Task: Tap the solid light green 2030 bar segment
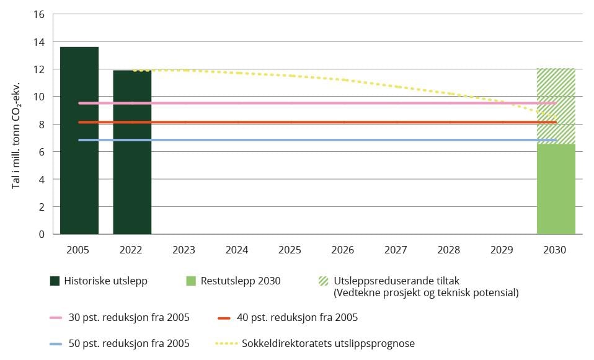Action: pyautogui.click(x=556, y=189)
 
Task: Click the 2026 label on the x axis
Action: pyautogui.click(x=343, y=250)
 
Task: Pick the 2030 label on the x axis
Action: pyautogui.click(x=554, y=250)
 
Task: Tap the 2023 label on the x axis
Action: pyautogui.click(x=184, y=250)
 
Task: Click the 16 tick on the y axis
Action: pyautogui.click(x=39, y=14)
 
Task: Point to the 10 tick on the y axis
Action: pyautogui.click(x=39, y=97)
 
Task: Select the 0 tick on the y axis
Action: pyautogui.click(x=42, y=234)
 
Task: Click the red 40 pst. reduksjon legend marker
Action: pyautogui.click(x=224, y=318)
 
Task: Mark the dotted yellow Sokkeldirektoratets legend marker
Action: pyautogui.click(x=224, y=343)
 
